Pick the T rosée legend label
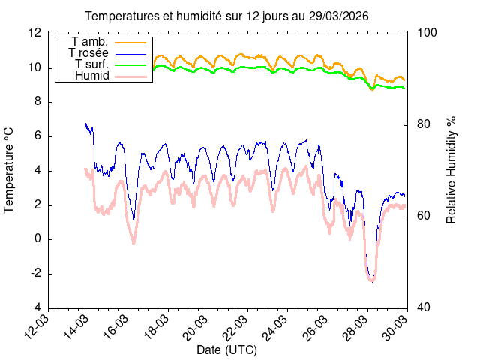(x=88, y=52)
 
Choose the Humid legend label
(x=93, y=76)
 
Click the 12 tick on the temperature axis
(x=34, y=33)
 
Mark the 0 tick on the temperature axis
(x=37, y=239)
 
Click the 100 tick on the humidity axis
(x=424, y=33)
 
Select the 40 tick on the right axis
(x=421, y=308)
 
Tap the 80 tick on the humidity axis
(x=421, y=124)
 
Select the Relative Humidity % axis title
(x=451, y=170)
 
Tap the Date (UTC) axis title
(x=228, y=349)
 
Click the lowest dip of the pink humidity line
(x=371, y=280)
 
